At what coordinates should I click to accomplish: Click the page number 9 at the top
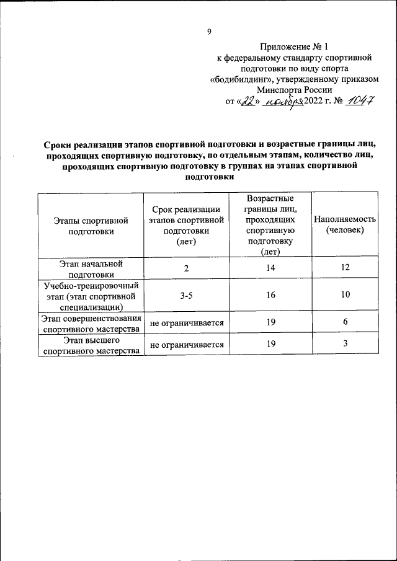click(x=209, y=32)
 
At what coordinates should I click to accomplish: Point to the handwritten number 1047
click(x=359, y=102)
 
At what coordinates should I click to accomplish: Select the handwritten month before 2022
click(x=281, y=102)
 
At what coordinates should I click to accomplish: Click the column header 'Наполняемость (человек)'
click(x=345, y=224)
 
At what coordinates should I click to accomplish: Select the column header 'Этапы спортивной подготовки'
click(x=91, y=225)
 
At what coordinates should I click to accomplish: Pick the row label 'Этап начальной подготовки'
click(x=91, y=268)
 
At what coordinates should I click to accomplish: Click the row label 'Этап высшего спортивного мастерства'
click(x=91, y=346)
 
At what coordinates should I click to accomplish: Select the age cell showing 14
click(x=270, y=268)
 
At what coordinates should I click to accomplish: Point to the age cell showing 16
click(x=270, y=296)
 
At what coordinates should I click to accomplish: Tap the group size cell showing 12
click(x=345, y=268)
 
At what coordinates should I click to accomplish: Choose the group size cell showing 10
click(x=345, y=296)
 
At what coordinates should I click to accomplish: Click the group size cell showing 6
click(x=345, y=322)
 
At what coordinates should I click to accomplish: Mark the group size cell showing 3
click(x=345, y=345)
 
